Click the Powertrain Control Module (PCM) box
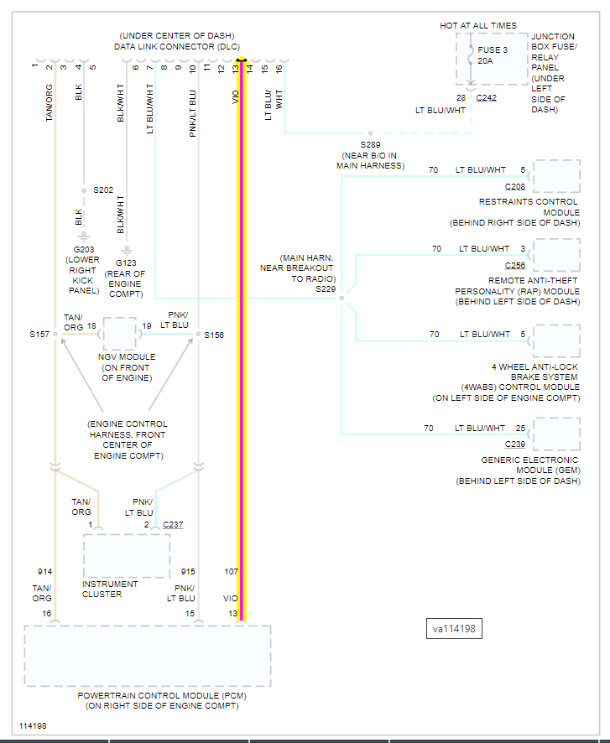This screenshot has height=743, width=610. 148,656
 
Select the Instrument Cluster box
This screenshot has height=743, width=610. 126,555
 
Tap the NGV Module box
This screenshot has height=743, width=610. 120,334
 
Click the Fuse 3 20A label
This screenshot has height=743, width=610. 493,55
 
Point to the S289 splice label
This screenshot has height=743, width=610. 370,144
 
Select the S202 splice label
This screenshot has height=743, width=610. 103,190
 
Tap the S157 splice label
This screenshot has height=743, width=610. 39,334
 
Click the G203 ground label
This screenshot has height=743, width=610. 84,249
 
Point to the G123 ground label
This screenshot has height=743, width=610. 126,263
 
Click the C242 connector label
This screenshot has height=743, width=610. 486,98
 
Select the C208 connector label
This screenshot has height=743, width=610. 515,186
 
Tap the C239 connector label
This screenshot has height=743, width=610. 515,444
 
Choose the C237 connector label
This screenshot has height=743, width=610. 173,525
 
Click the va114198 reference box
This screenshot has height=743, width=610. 454,629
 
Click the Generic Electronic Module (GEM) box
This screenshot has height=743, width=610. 556,434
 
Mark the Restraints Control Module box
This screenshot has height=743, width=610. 556,176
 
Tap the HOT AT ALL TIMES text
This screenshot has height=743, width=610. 478,26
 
